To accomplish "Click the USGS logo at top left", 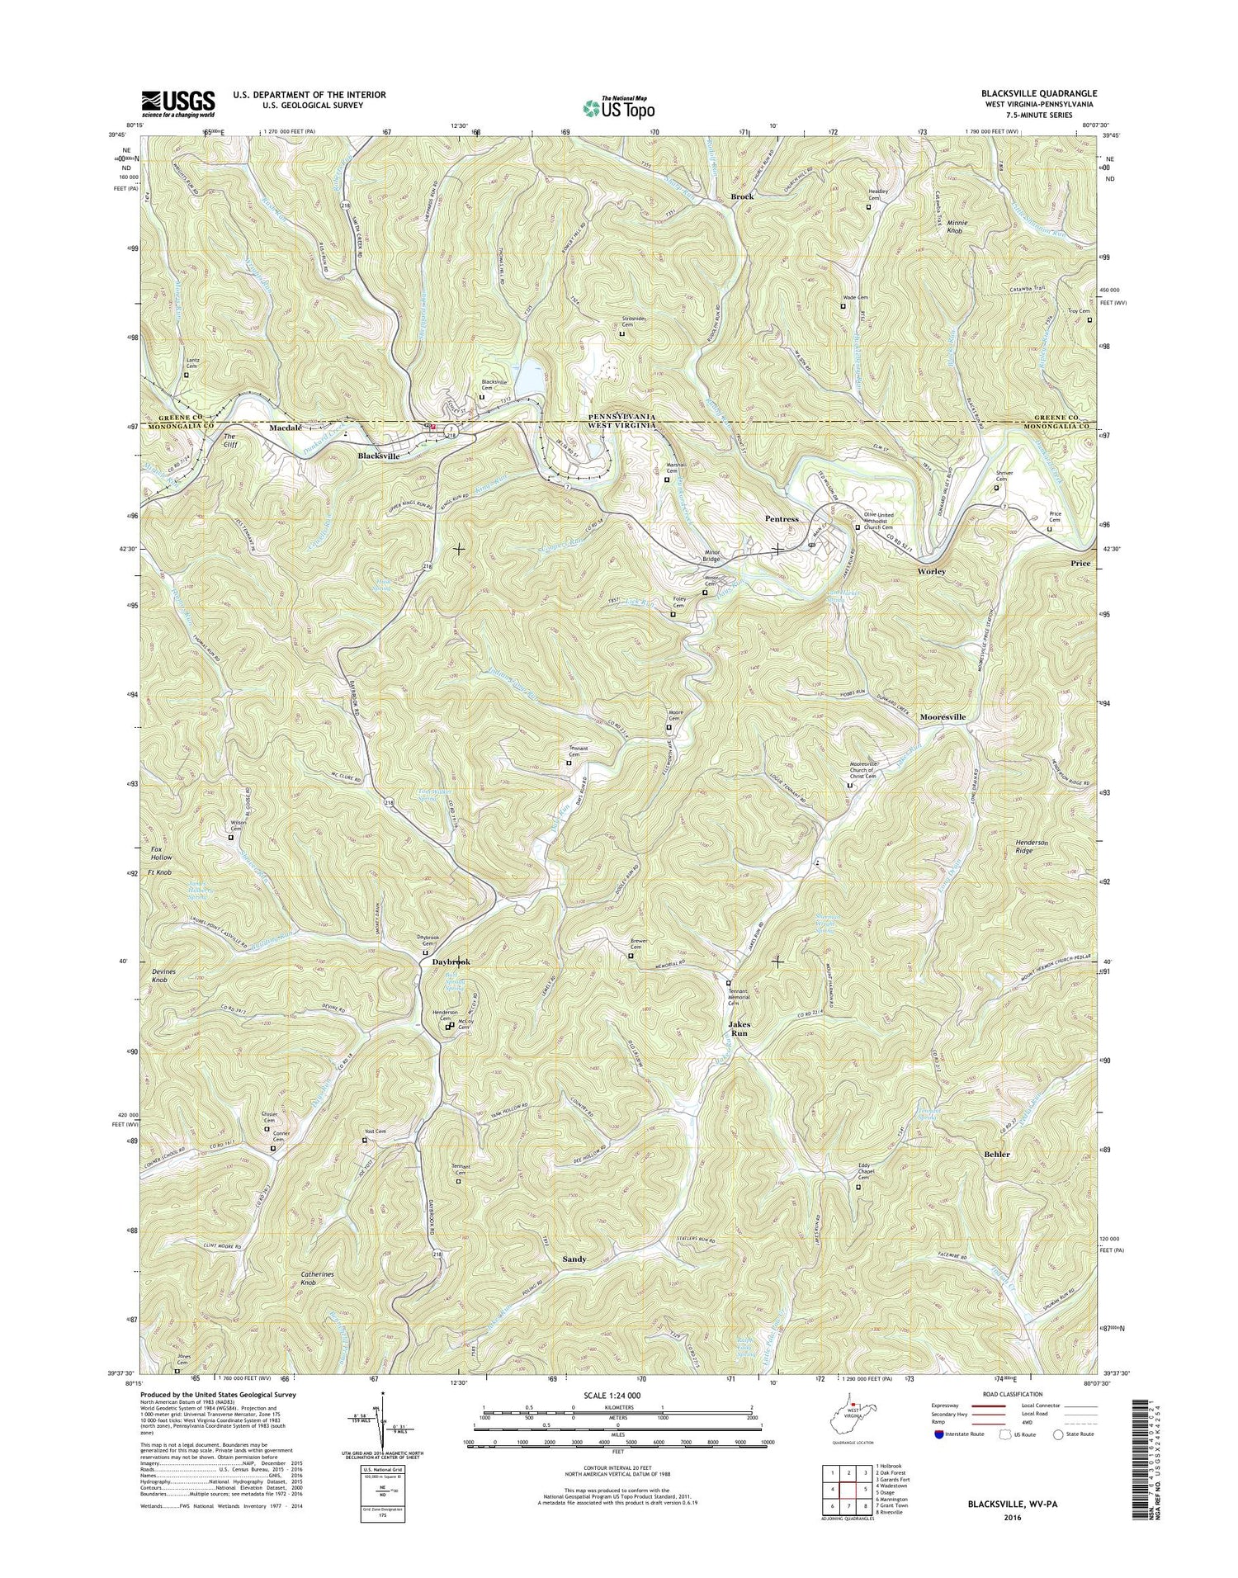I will [x=178, y=102].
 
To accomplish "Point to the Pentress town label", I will [x=781, y=519].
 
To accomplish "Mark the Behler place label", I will [x=996, y=1154].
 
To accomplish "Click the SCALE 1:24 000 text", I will [x=617, y=1396].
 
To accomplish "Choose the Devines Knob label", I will [x=159, y=975].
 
